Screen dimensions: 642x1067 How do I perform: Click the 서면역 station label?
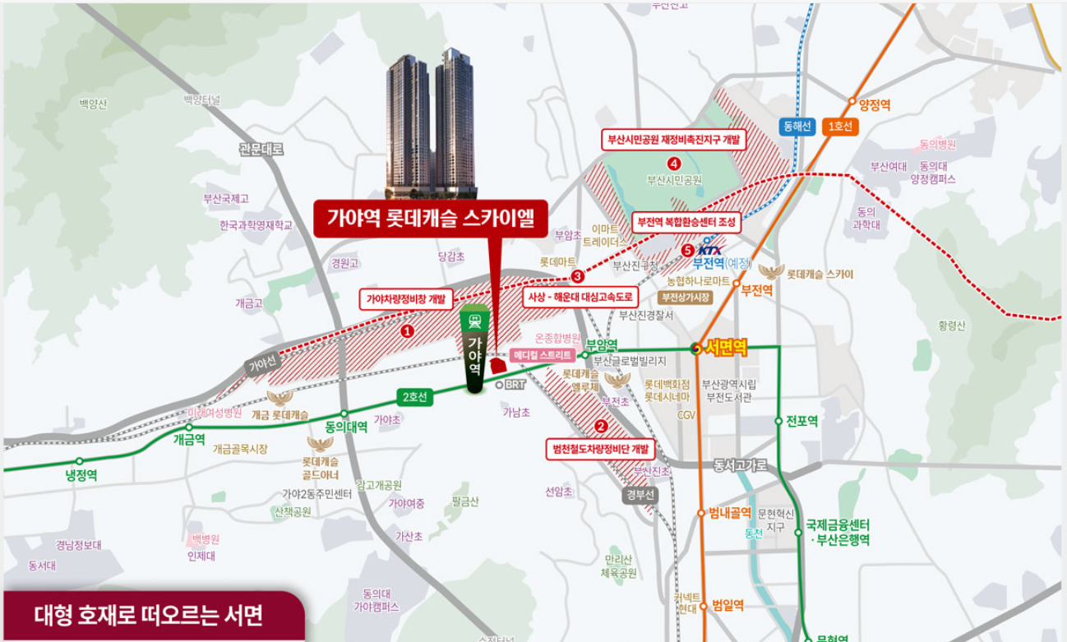(726, 348)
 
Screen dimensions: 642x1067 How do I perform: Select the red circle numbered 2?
(601, 426)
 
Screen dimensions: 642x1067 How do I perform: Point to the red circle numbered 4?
(674, 163)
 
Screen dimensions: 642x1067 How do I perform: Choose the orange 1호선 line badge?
(841, 127)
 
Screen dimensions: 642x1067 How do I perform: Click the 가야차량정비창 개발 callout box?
(403, 299)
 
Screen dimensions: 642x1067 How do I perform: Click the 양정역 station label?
(874, 105)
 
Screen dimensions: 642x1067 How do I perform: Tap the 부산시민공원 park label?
(674, 179)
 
